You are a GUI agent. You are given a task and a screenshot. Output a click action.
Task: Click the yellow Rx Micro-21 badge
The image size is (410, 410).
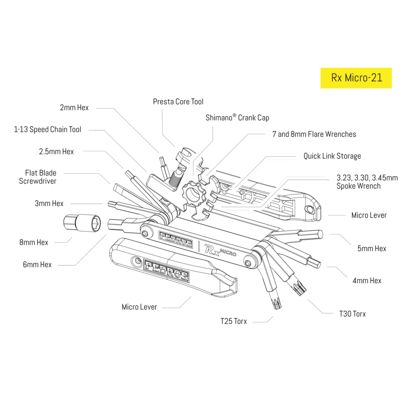356,78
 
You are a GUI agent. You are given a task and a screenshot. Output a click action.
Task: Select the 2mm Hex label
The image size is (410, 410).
74,107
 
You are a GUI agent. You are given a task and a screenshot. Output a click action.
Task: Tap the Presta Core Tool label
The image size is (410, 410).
178,102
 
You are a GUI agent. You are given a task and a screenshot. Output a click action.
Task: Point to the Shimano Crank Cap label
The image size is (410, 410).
237,118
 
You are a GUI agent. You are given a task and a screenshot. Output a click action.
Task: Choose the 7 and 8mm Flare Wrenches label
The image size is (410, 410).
314,134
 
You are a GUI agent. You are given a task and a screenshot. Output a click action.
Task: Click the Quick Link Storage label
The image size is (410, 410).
332,156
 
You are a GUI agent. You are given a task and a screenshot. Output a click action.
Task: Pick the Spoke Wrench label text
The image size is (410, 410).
367,182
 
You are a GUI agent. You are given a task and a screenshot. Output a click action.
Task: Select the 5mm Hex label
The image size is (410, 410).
372,249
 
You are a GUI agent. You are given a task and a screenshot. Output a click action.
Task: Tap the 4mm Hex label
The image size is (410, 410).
367,281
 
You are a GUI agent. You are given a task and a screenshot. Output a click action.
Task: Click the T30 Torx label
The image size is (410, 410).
352,314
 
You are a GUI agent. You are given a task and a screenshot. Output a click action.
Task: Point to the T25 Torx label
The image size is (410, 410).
234,321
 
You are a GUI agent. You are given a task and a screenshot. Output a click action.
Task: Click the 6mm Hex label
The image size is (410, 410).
37,265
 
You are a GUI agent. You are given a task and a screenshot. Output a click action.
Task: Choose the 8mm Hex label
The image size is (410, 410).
34,242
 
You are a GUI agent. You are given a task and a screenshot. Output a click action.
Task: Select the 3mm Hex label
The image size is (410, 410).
49,203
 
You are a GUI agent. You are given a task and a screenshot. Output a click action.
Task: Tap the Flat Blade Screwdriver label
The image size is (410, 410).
38,177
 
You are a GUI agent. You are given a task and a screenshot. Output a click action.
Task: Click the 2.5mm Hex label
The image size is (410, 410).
56,152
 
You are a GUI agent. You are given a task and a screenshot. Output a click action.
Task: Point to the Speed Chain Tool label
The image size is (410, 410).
47,129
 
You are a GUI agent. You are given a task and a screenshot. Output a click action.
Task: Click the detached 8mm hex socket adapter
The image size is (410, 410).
82,222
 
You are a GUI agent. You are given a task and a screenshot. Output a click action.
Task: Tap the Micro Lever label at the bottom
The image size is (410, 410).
139,307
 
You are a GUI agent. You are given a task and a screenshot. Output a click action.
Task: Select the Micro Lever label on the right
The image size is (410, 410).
368,215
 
